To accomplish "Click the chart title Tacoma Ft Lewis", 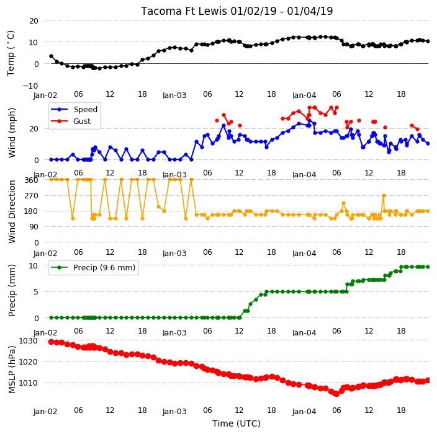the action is (184, 11).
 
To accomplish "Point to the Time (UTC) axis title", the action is (237, 423).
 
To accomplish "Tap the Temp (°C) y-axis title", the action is (11, 53).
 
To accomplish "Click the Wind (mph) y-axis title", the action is (11, 133).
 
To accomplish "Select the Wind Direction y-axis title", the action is (11, 211).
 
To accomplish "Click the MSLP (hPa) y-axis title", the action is (11, 370).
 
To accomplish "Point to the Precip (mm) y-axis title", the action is (11, 290).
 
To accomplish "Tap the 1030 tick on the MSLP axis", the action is (28, 340).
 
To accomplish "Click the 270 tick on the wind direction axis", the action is (31, 196).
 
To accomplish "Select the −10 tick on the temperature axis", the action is (30, 86).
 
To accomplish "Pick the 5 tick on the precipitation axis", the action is (35, 292).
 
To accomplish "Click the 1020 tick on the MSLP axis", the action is (28, 361).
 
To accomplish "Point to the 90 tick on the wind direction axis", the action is (34, 227).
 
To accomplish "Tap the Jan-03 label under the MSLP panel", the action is (174, 412).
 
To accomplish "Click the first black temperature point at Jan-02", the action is (51, 56).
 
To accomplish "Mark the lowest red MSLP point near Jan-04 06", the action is (336, 394).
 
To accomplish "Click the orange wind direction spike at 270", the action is (384, 196).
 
